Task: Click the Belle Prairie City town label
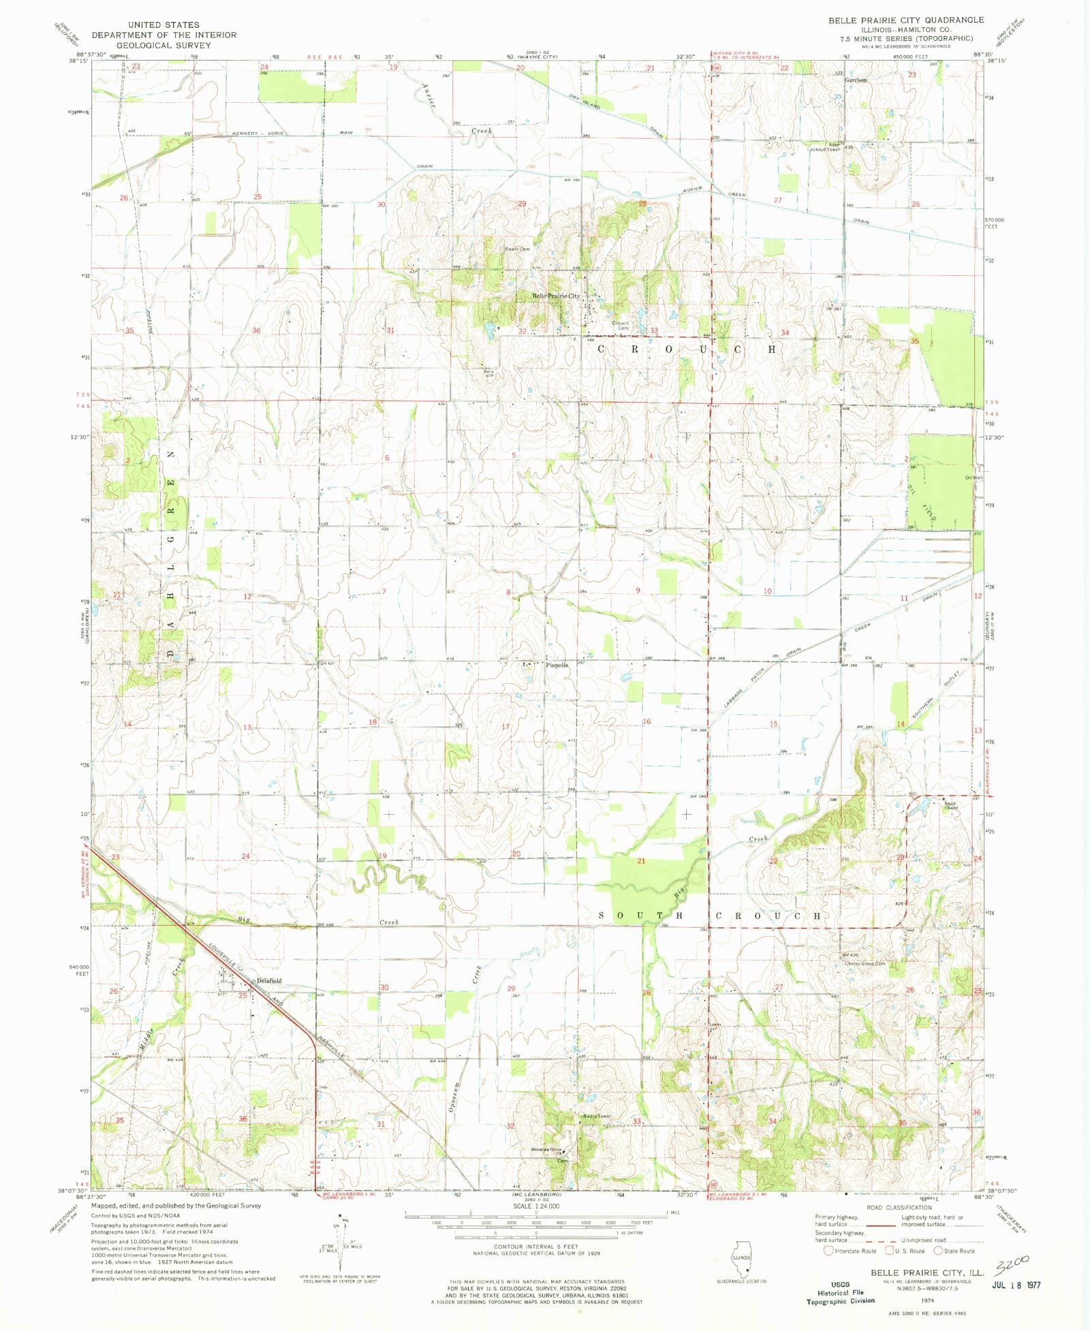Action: [x=555, y=296]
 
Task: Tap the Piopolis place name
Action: [x=557, y=665]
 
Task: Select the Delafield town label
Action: [x=268, y=980]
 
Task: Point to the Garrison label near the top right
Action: [x=856, y=80]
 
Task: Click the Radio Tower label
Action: [x=597, y=1116]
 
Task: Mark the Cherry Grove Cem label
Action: [x=865, y=964]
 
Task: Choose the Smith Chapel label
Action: [x=950, y=806]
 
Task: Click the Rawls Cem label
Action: [x=516, y=249]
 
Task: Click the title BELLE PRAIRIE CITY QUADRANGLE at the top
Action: [x=905, y=20]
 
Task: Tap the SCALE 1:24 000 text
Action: [x=536, y=1206]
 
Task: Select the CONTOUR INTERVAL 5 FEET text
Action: [x=537, y=1247]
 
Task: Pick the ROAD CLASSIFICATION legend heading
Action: [x=899, y=1207]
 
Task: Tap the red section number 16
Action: [x=646, y=721]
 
